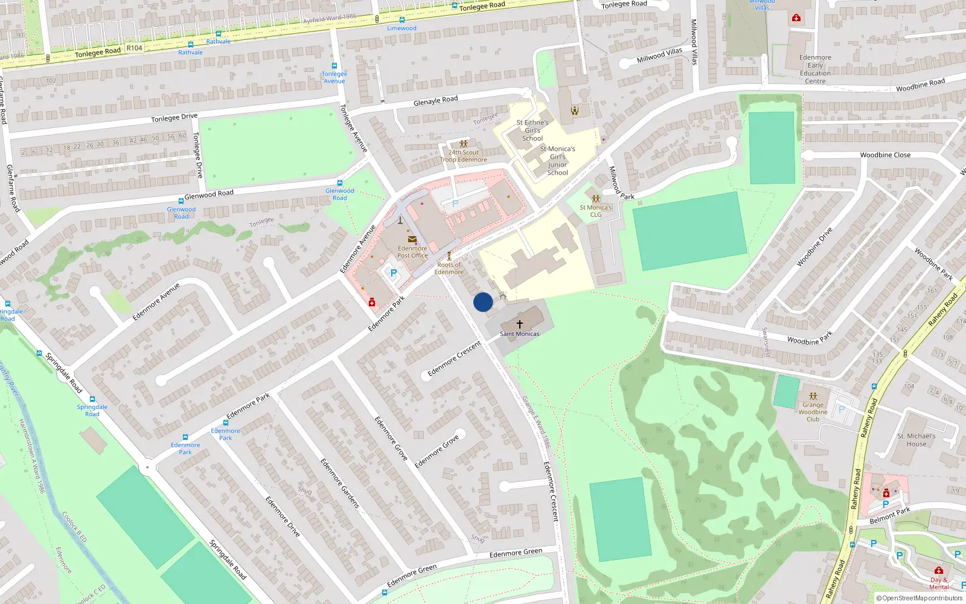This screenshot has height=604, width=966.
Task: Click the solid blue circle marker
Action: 483,302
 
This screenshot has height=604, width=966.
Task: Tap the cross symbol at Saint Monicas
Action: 520,324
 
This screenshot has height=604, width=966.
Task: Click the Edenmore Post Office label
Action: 412,252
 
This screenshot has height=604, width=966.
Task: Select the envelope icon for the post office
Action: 412,239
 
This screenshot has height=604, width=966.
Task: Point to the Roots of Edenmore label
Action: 449,268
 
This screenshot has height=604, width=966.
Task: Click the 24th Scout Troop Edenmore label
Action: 464,156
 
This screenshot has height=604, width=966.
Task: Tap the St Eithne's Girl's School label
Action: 533,130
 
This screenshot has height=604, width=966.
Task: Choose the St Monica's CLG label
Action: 596,211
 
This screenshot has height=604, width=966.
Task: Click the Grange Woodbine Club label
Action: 813,412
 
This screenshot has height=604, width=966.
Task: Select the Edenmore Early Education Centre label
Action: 815,69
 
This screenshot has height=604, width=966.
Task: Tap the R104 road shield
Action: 135,48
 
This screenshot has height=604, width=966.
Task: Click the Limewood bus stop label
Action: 401,28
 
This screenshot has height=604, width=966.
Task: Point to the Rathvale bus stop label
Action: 218,42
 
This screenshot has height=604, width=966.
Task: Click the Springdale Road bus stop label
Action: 92,410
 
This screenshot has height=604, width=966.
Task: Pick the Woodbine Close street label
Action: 885,155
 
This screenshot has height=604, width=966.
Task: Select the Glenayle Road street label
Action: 435,101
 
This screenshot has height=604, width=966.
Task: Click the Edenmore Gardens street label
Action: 340,483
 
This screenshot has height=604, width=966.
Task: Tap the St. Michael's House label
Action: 916,440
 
